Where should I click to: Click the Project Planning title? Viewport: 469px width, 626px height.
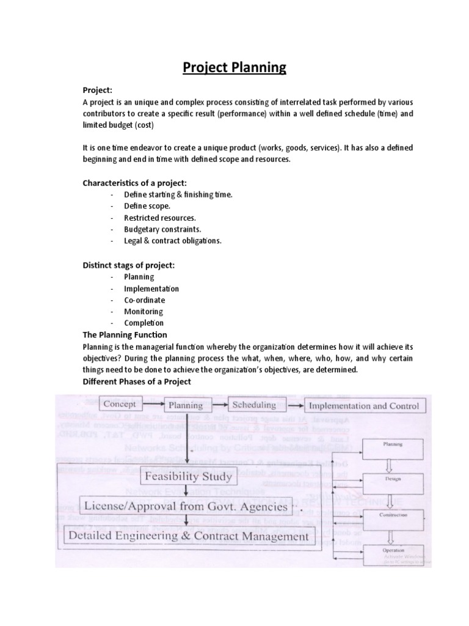click(x=234, y=67)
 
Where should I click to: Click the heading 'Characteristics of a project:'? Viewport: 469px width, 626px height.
click(x=134, y=183)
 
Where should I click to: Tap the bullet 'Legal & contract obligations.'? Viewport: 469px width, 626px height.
click(x=173, y=241)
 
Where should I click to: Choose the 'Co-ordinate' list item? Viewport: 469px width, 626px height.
click(x=144, y=300)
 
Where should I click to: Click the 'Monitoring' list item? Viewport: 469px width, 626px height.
click(x=143, y=312)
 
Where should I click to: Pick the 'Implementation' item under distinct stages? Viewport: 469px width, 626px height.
click(x=151, y=289)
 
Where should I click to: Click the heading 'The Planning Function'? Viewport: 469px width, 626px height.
click(x=125, y=335)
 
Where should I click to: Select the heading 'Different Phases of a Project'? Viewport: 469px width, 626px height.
click(x=137, y=381)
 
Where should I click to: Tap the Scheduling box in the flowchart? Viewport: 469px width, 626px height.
click(x=254, y=405)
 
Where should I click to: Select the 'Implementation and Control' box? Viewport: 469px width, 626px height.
click(x=364, y=405)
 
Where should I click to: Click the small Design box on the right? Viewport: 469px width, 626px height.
click(x=392, y=479)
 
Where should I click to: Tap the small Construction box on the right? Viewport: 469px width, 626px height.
click(x=392, y=515)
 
